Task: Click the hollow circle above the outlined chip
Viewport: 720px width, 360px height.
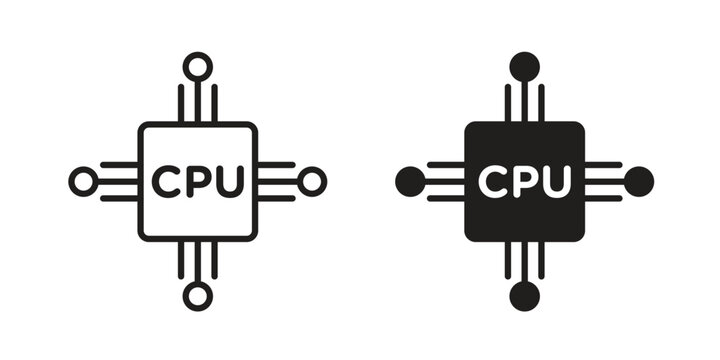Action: [198, 67]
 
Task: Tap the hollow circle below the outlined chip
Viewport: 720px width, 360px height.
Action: [198, 295]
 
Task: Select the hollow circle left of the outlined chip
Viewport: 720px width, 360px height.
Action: [84, 181]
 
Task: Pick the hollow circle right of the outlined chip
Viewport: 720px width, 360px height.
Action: [312, 181]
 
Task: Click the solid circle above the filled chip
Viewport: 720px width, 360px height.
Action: [524, 67]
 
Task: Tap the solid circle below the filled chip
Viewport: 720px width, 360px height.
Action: [524, 295]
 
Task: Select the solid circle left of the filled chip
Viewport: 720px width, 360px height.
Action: [410, 181]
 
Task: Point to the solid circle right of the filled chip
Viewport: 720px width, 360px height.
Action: [638, 181]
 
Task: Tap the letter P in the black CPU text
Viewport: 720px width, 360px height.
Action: [197, 181]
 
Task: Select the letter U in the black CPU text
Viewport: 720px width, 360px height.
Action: [229, 181]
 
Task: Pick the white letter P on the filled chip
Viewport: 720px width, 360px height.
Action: [524, 181]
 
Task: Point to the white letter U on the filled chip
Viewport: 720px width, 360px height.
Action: [556, 181]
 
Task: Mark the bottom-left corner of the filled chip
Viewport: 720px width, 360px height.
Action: [469, 236]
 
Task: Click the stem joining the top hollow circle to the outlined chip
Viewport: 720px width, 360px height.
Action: [198, 100]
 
